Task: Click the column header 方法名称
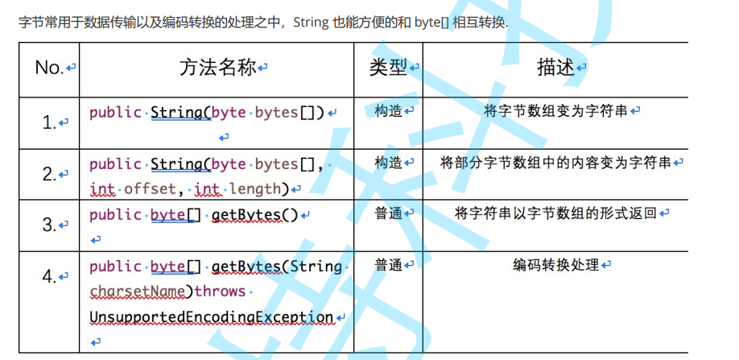pyautogui.click(x=217, y=68)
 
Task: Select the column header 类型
pyautogui.click(x=388, y=68)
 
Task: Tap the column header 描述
pyautogui.click(x=555, y=68)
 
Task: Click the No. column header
pyautogui.click(x=50, y=68)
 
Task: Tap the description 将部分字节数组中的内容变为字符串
pyautogui.click(x=555, y=163)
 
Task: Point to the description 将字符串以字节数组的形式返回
pyautogui.click(x=555, y=213)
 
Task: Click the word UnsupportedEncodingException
pyautogui.click(x=211, y=317)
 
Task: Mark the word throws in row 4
pyautogui.click(x=220, y=292)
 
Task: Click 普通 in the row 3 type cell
pyautogui.click(x=388, y=213)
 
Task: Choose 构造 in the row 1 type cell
pyautogui.click(x=388, y=111)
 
